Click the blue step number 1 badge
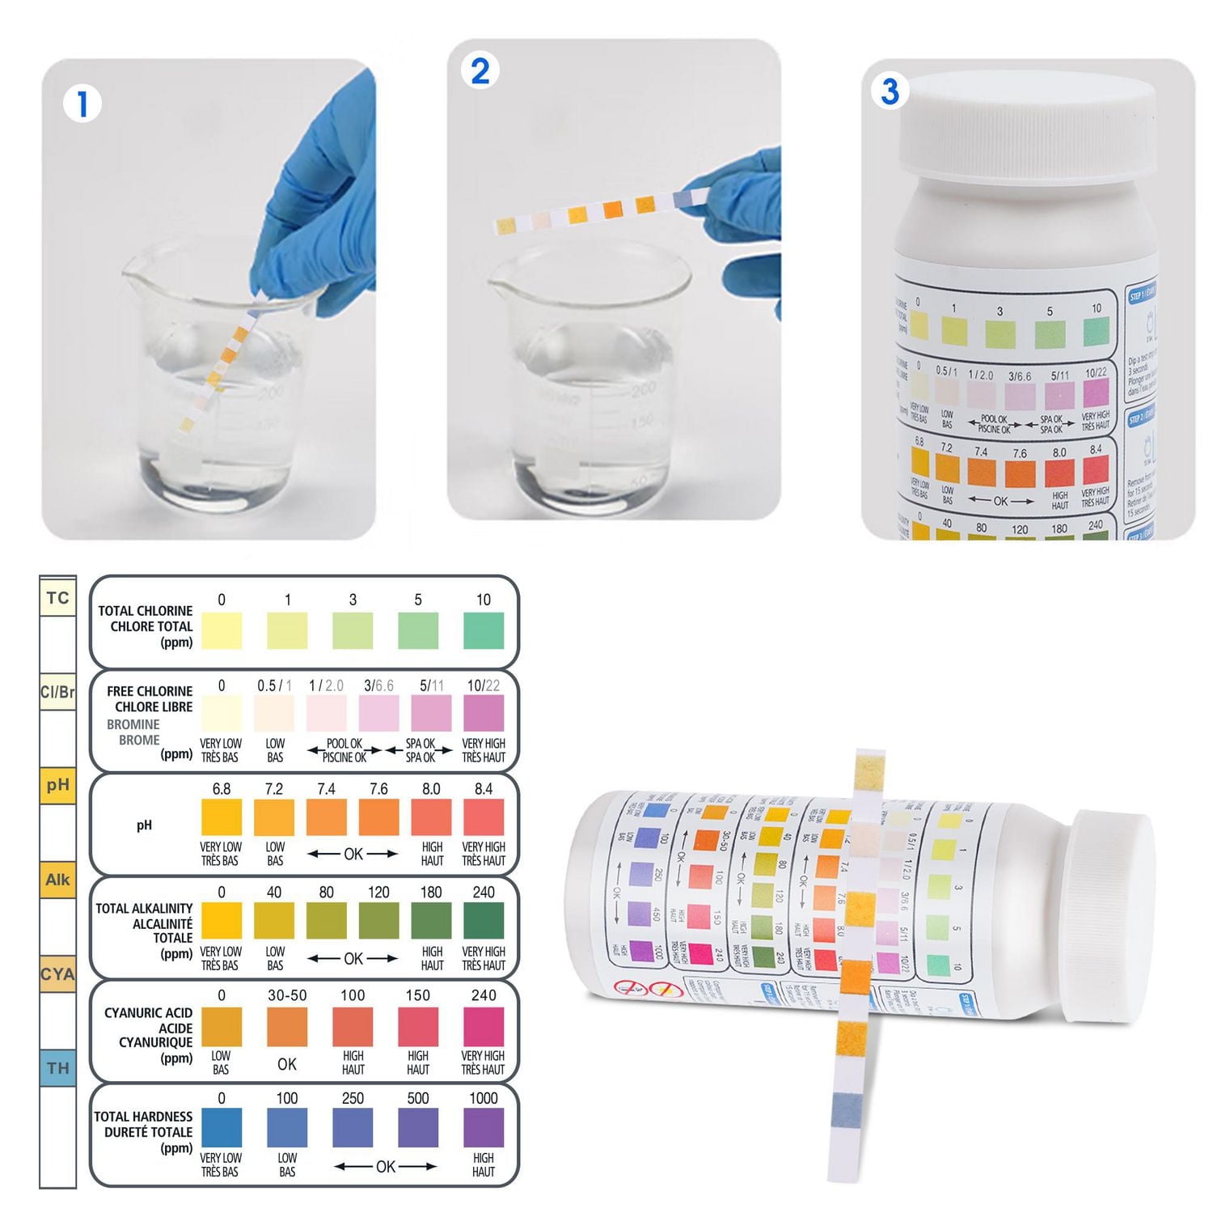click(82, 104)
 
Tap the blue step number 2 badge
click(480, 71)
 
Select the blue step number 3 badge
click(890, 91)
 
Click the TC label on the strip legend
click(57, 598)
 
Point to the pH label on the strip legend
click(57, 785)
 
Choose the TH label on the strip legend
click(57, 1068)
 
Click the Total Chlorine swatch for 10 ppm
click(483, 630)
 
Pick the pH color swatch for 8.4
click(483, 816)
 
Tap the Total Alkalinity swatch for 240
click(483, 920)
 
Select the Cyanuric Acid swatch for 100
click(353, 1026)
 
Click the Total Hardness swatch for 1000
click(483, 1127)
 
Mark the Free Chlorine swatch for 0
click(221, 713)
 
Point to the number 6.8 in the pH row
click(221, 789)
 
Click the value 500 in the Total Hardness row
click(418, 1098)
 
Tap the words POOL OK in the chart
click(344, 744)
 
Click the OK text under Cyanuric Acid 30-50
click(287, 1064)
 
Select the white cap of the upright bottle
click(1028, 125)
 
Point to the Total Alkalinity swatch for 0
click(221, 920)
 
